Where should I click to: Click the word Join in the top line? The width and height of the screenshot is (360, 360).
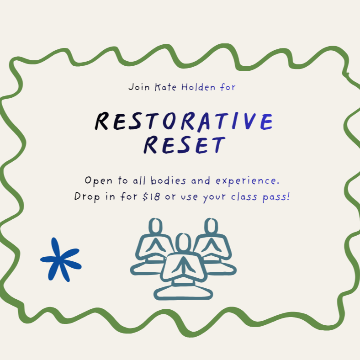(138, 87)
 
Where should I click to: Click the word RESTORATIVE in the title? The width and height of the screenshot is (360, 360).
(184, 122)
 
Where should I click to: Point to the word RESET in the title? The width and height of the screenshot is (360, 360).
(184, 145)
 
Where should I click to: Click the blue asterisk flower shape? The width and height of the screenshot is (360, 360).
(61, 259)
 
